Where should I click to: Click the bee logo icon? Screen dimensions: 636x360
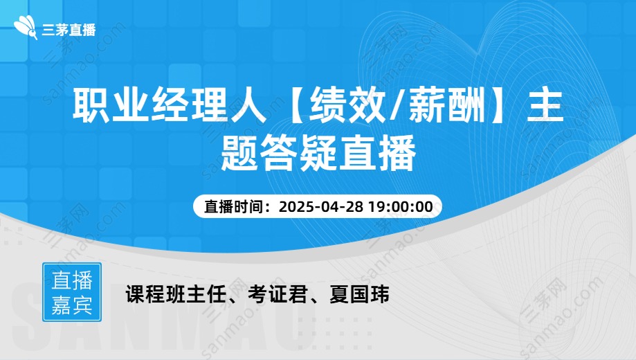pos(26,28)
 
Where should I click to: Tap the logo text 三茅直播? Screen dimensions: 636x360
pos(69,30)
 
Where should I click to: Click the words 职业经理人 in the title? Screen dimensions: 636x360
pos(170,107)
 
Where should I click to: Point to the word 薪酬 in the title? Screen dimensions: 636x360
pos(446,107)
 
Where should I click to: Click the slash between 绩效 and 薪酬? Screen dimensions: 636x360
pos(397,107)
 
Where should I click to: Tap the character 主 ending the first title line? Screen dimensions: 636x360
pos(545,107)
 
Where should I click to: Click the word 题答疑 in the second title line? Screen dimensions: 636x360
pos(279,152)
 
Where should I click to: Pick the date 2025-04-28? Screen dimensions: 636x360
pos(321,206)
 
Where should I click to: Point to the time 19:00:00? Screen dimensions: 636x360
pos(400,206)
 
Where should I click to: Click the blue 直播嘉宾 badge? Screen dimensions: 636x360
pos(72,292)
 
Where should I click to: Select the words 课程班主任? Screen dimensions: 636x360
pos(175,295)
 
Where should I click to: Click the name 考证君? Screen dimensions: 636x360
pos(278,295)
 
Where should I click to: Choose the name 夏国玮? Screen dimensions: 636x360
pos(359,295)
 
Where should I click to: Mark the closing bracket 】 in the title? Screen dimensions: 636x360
pos(498,107)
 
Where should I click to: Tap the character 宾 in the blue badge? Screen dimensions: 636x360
pos(83,305)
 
